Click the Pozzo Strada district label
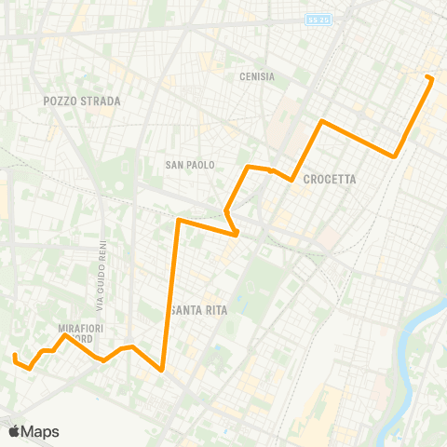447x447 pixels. point(69,100)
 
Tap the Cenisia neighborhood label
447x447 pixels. point(256,77)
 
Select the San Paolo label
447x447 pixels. point(190,165)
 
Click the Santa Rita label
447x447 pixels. point(202,310)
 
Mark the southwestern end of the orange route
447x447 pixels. point(15,356)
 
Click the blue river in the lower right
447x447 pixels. point(410,345)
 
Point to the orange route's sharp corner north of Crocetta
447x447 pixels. point(321,121)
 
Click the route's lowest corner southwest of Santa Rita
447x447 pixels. point(163,370)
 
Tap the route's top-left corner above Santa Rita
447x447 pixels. point(178,221)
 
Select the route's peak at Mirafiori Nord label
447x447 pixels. point(63,336)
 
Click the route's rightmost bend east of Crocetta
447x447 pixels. point(396,156)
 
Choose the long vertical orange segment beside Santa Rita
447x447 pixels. point(170,298)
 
